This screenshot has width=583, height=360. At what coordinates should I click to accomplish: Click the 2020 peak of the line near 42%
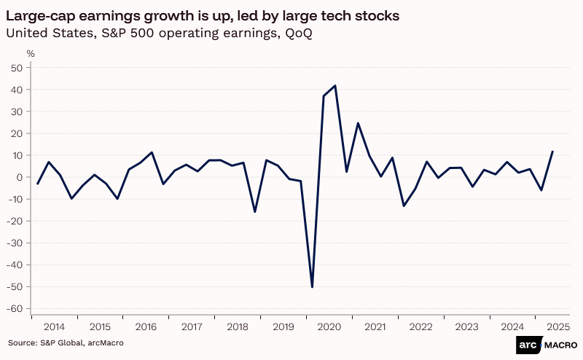coord(334,86)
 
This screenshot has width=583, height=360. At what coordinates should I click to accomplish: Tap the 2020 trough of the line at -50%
coord(312,286)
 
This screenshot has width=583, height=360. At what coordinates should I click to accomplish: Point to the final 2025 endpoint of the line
coord(552,152)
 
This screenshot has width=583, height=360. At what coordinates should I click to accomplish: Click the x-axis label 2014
coord(55,328)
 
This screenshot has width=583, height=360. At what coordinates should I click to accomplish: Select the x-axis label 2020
coord(329,328)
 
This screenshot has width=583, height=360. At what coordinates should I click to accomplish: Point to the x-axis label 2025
coord(558,328)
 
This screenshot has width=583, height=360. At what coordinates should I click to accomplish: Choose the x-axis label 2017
coord(192,328)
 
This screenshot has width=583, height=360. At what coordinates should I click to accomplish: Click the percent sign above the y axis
coord(31,53)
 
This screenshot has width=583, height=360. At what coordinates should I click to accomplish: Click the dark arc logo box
coord(527,346)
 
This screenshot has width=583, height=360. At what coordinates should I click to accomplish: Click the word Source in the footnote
coord(22,343)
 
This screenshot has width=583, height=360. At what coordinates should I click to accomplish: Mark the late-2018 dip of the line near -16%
coord(254,211)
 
